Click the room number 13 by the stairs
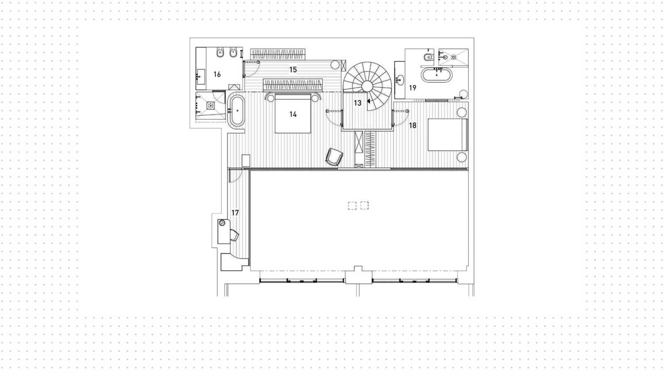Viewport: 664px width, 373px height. point(358,103)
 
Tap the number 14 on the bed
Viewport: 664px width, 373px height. point(293,114)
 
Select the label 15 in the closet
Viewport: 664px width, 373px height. point(293,70)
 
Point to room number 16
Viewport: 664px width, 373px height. point(217,74)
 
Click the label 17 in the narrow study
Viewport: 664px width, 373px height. point(235,213)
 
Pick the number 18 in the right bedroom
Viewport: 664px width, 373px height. point(413,125)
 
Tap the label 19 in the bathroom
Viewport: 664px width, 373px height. point(413,88)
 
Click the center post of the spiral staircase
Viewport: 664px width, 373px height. point(367,85)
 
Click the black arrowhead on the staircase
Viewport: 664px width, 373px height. point(369,101)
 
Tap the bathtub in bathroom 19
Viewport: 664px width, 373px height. point(436,75)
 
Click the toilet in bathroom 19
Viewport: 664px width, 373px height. point(428,57)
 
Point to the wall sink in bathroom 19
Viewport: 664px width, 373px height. point(401,80)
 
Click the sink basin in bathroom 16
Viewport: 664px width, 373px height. point(201,77)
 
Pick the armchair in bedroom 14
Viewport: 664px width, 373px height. point(334,157)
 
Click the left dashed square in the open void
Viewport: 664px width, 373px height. point(352,206)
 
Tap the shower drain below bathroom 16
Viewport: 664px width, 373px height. point(211,106)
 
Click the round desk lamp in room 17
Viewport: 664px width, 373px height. point(222,223)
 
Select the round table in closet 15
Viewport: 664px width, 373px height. point(335,65)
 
